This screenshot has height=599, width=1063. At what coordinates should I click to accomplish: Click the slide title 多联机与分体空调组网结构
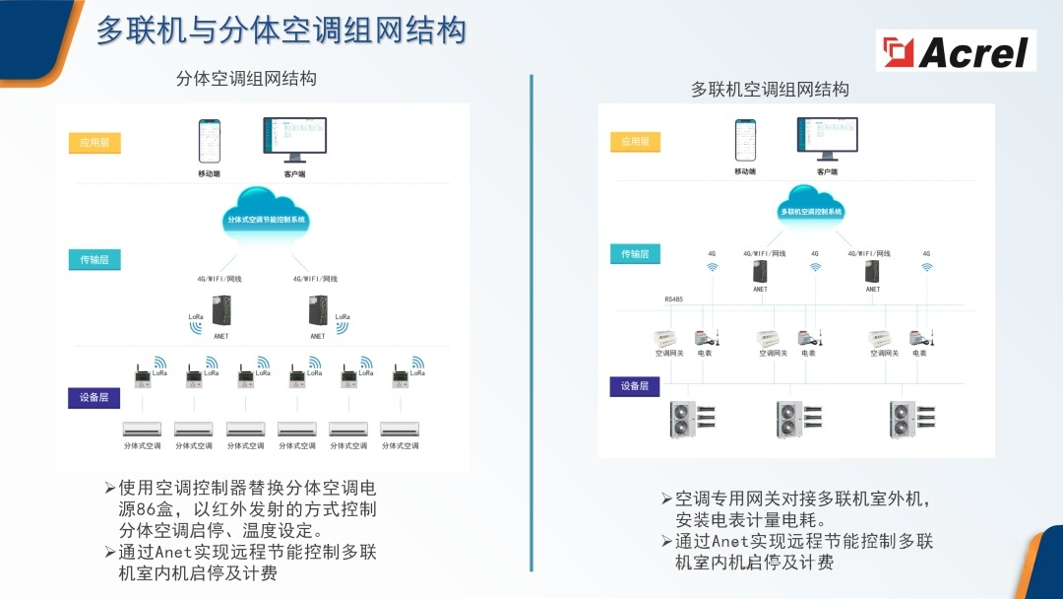281,31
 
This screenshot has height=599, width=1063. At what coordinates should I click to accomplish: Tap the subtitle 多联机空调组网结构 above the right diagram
770,90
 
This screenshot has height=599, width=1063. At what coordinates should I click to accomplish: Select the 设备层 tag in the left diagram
94,398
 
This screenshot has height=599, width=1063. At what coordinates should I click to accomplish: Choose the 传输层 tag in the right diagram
635,254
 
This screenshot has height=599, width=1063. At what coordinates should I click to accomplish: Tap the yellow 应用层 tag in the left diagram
94,143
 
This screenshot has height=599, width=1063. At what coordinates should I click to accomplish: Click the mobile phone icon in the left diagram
209,141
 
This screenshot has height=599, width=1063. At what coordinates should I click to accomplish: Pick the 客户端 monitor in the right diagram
826,139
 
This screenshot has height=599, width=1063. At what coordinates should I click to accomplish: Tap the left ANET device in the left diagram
221,312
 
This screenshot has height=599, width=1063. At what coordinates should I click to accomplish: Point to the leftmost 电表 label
706,353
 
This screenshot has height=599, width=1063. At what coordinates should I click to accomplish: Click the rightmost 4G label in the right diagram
926,253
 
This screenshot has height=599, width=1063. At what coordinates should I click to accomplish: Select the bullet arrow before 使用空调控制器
110,488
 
